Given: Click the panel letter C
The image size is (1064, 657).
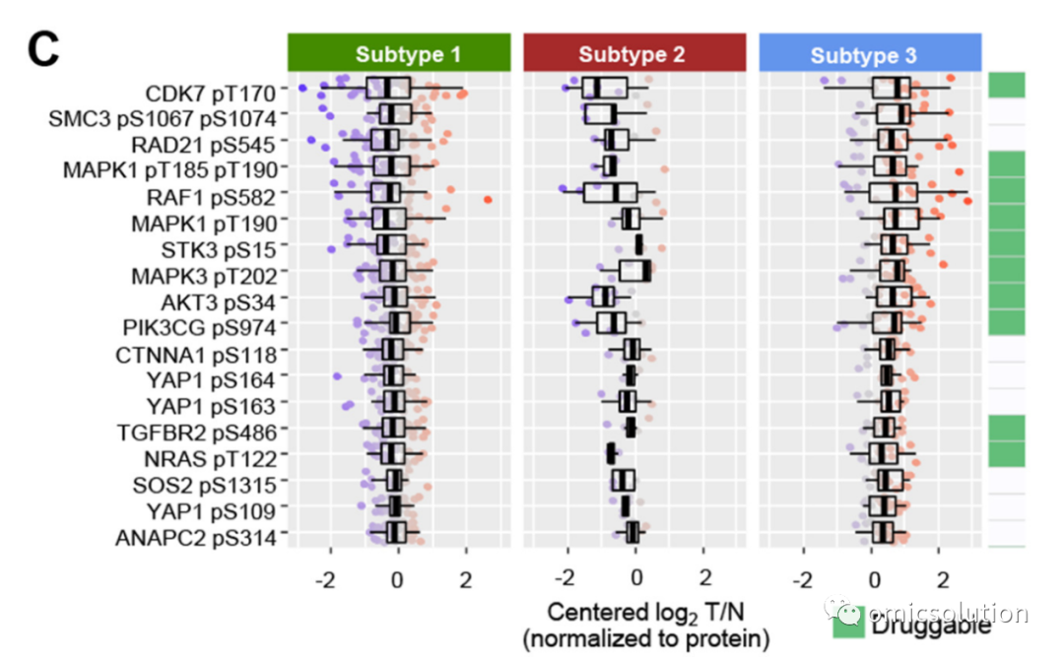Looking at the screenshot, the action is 43,49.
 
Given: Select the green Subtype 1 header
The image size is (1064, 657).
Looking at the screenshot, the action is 399,52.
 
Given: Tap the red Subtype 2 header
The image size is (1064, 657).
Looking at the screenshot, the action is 634,52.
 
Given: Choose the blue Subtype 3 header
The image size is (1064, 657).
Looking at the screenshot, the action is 870,52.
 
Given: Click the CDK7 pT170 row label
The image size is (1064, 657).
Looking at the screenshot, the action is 211,93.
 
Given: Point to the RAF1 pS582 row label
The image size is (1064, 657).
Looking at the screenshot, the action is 212,198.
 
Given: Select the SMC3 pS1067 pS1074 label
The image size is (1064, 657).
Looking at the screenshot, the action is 163,119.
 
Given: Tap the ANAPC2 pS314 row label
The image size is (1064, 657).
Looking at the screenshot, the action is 196,538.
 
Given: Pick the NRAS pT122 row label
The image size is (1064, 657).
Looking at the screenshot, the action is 211,459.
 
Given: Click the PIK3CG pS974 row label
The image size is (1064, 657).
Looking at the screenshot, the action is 200,328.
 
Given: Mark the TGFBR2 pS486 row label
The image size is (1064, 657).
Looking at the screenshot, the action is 197,432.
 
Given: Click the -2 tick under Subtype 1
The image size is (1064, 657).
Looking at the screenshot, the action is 326,579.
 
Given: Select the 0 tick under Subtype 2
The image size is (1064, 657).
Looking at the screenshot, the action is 635,578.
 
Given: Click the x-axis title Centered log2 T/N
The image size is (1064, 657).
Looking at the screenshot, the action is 646,613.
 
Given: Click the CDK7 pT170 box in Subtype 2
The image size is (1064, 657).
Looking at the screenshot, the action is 605,89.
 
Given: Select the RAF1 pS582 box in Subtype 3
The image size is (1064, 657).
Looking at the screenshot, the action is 893,192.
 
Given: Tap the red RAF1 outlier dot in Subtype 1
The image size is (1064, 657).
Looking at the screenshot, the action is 488,200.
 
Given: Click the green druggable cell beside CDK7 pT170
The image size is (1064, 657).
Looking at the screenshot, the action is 1006,85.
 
